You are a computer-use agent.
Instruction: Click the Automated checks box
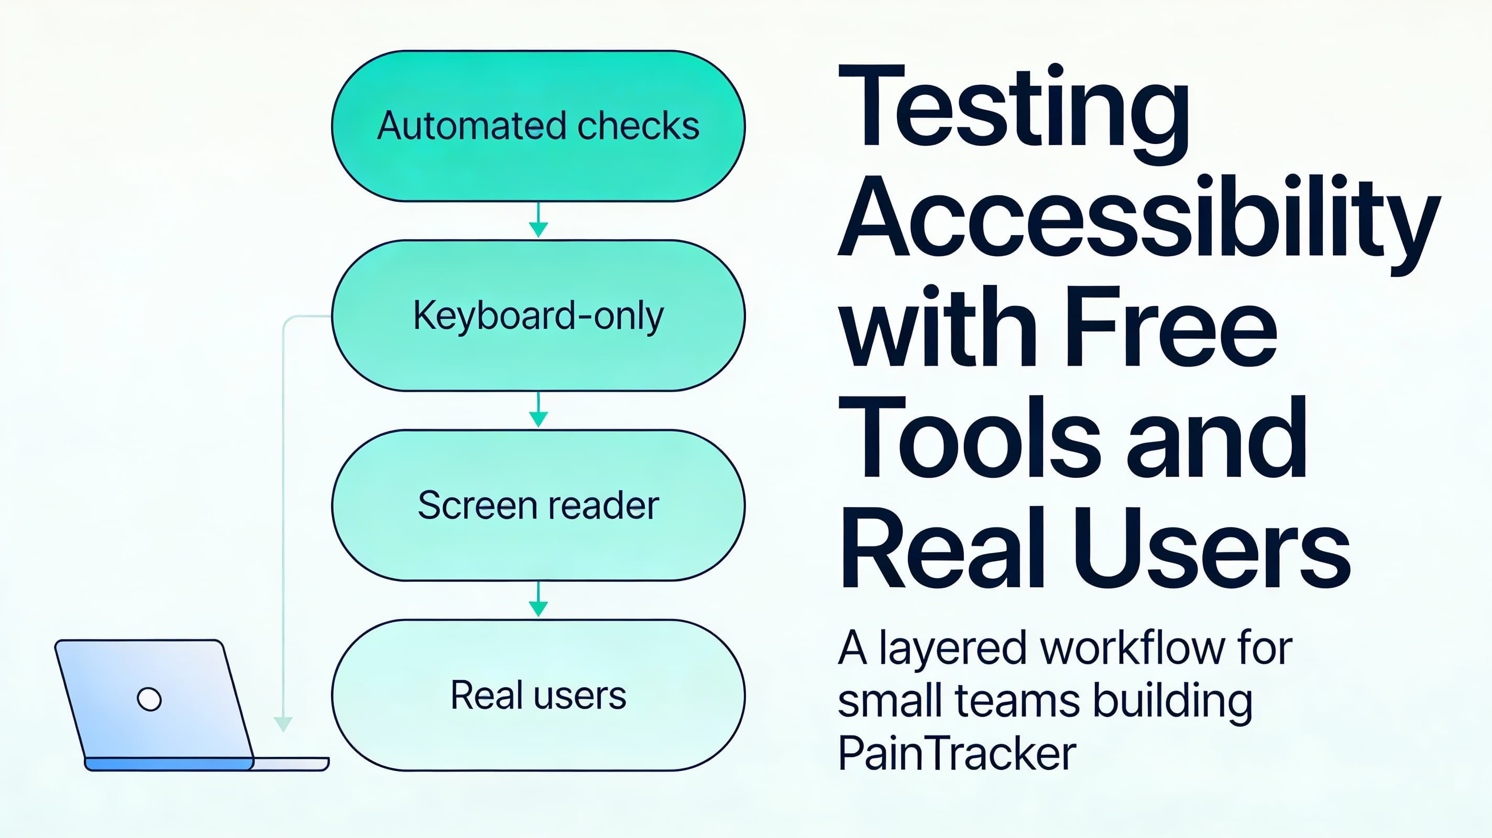pyautogui.click(x=538, y=126)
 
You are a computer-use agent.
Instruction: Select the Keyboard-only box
pyautogui.click(x=538, y=316)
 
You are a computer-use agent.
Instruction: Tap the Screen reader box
pyautogui.click(x=538, y=505)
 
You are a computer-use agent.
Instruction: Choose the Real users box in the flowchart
pyautogui.click(x=538, y=695)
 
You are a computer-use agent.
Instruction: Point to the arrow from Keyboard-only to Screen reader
pyautogui.click(x=539, y=411)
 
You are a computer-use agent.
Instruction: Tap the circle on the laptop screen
pyautogui.click(x=149, y=699)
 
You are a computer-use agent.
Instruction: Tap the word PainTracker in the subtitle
pyautogui.click(x=957, y=754)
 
